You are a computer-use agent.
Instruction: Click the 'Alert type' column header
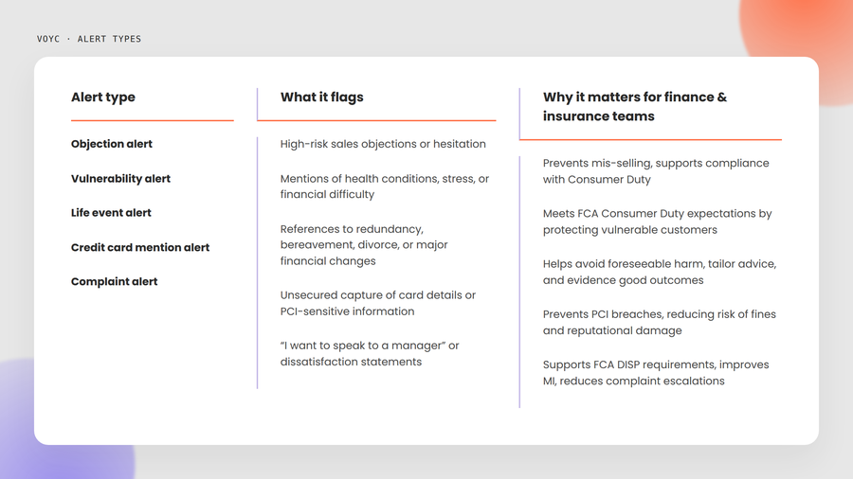click(102, 98)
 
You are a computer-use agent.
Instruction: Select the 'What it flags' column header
click(321, 98)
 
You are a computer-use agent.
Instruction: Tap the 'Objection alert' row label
click(112, 144)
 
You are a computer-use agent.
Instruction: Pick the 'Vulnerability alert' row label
click(120, 179)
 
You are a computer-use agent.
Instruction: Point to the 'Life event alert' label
click(111, 213)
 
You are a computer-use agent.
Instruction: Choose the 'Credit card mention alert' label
click(140, 247)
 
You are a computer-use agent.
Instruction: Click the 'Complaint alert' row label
click(115, 282)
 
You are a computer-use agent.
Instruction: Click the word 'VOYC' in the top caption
click(48, 39)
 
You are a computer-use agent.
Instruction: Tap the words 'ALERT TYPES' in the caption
click(109, 39)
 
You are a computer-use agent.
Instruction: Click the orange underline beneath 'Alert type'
click(153, 120)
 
